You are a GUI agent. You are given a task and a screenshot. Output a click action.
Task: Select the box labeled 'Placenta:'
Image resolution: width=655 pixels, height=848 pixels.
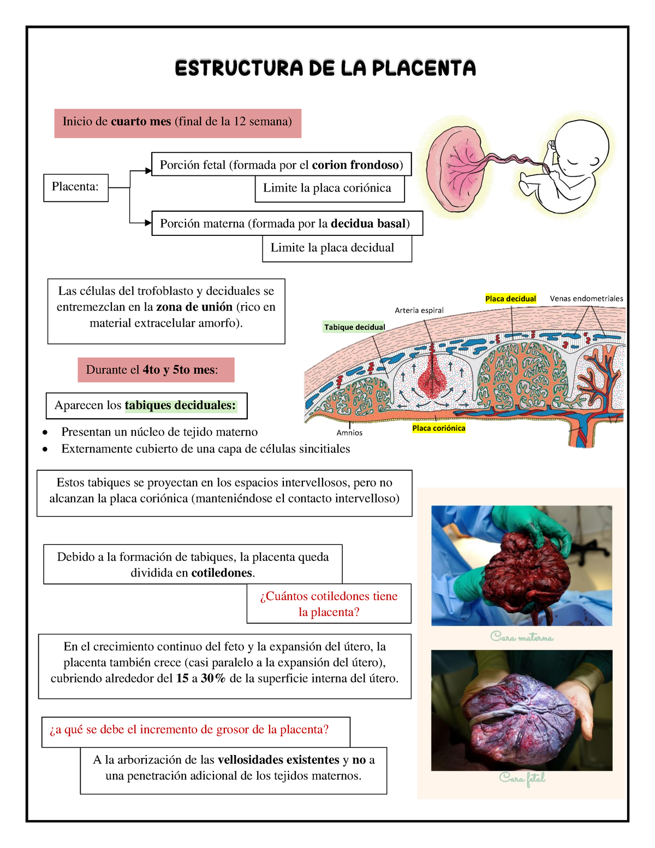click(76, 188)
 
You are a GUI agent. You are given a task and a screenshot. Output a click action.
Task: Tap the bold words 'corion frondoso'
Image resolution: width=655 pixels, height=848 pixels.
click(355, 165)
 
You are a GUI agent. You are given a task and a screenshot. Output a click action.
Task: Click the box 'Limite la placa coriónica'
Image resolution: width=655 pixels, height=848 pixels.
click(330, 189)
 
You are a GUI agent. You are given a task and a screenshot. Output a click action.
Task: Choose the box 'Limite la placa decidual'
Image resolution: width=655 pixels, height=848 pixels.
click(337, 248)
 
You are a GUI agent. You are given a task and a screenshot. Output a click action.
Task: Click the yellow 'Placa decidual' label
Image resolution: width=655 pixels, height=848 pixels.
click(510, 299)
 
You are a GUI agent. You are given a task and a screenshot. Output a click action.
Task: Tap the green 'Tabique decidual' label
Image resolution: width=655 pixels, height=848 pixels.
click(354, 327)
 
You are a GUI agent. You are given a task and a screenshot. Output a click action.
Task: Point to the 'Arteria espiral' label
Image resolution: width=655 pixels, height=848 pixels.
click(419, 310)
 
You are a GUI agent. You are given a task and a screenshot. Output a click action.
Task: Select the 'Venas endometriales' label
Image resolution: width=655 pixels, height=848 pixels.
click(586, 299)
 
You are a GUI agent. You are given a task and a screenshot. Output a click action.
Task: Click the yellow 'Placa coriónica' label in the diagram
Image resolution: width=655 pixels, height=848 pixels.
click(438, 428)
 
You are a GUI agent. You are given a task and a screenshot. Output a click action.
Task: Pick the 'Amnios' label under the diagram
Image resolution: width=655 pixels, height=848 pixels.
click(349, 432)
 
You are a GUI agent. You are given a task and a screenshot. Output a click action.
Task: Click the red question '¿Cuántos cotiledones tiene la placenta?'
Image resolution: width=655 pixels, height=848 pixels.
click(329, 604)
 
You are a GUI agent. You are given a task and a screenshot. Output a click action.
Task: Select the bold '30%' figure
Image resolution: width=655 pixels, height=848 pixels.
click(213, 678)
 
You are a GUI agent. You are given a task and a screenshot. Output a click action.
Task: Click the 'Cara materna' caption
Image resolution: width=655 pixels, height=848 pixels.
click(522, 637)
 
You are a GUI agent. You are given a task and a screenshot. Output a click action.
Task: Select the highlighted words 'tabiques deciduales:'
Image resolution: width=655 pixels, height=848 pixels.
click(180, 405)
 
